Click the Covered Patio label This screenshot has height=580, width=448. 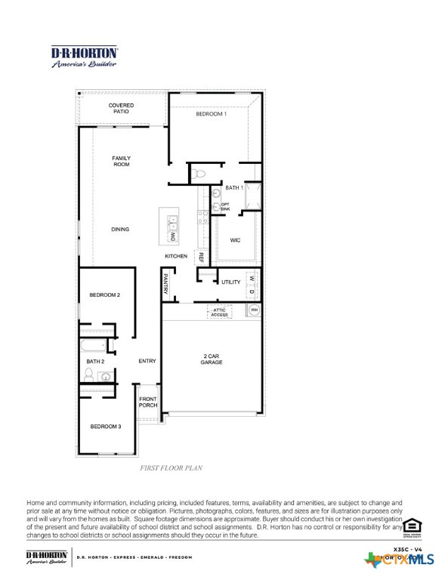click(121, 108)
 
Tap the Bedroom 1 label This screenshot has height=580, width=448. click(211, 114)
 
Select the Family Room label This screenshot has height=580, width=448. click(122, 161)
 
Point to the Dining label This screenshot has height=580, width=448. click(120, 230)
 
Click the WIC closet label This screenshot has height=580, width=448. click(235, 240)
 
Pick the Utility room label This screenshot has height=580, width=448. click(231, 282)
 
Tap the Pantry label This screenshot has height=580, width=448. click(165, 285)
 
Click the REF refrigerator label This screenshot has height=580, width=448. click(201, 257)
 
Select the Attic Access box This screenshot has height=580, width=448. click(220, 312)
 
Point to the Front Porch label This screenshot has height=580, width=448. click(148, 402)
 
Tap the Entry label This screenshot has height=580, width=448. click(147, 361)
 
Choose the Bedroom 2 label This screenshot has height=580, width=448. click(105, 295)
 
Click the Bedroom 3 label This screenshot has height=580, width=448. click(105, 427)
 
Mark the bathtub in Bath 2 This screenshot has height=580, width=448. click(94, 347)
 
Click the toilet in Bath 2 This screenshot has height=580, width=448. click(89, 375)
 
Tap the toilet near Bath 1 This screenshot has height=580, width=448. click(199, 174)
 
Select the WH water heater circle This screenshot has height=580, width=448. click(254, 310)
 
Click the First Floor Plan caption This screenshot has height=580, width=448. click(171, 468)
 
